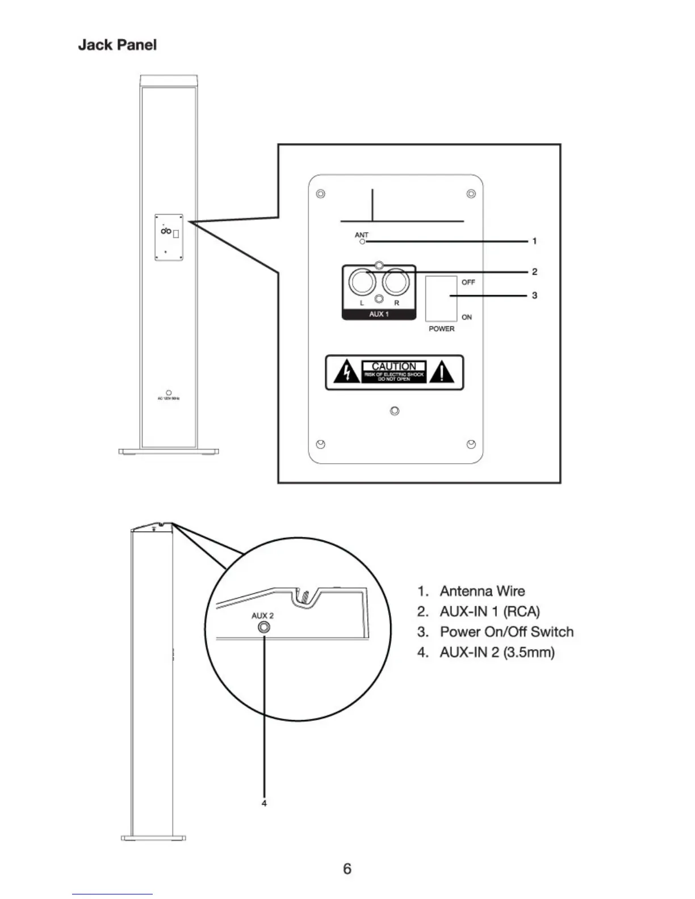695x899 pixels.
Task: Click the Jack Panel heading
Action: tap(117, 45)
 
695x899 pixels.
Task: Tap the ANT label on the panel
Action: tap(361, 234)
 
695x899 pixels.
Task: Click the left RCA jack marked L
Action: tap(361, 282)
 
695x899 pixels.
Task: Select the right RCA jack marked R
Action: tap(396, 282)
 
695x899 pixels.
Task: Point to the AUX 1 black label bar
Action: tap(379, 314)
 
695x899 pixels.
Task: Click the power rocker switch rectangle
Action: tap(441, 299)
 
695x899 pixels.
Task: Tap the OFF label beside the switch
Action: tap(468, 282)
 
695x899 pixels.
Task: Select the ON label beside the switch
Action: tap(467, 317)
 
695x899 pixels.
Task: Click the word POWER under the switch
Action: tap(441, 329)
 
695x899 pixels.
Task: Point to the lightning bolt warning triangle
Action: tap(345, 373)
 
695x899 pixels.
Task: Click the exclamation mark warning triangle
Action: tap(442, 373)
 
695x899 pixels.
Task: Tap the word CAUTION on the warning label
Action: tap(393, 367)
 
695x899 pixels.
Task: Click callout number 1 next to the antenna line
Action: tap(534, 241)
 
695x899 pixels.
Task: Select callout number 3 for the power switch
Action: tap(534, 296)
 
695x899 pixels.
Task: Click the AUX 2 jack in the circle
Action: tap(264, 628)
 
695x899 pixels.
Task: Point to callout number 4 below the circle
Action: tap(264, 803)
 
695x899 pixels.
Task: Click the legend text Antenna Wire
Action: tap(482, 591)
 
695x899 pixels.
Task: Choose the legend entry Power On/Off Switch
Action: tap(506, 632)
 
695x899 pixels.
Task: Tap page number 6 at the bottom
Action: tap(347, 868)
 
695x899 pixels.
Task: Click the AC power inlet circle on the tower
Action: tap(169, 393)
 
